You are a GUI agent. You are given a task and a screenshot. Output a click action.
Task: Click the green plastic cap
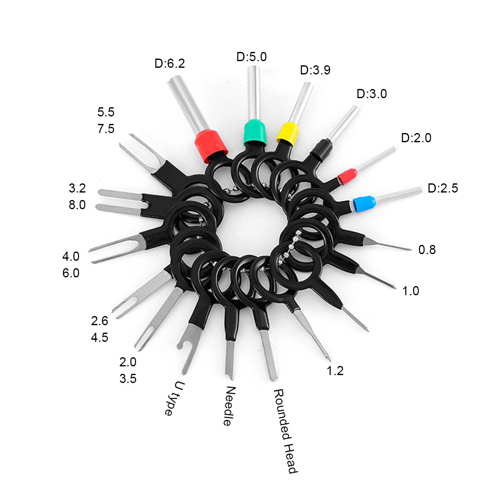click(254, 133)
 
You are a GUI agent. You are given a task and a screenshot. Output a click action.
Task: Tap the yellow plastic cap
click(288, 133)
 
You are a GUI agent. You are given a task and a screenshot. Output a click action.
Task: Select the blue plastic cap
click(364, 204)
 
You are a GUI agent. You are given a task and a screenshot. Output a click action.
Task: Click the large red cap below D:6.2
click(211, 146)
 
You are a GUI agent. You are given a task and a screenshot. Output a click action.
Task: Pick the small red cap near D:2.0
click(347, 176)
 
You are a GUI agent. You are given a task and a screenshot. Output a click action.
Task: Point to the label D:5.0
click(252, 57)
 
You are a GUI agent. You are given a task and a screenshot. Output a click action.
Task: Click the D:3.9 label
click(315, 70)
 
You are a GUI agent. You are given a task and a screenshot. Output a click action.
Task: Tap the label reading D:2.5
click(443, 188)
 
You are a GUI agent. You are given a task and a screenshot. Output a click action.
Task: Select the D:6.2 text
click(170, 64)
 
